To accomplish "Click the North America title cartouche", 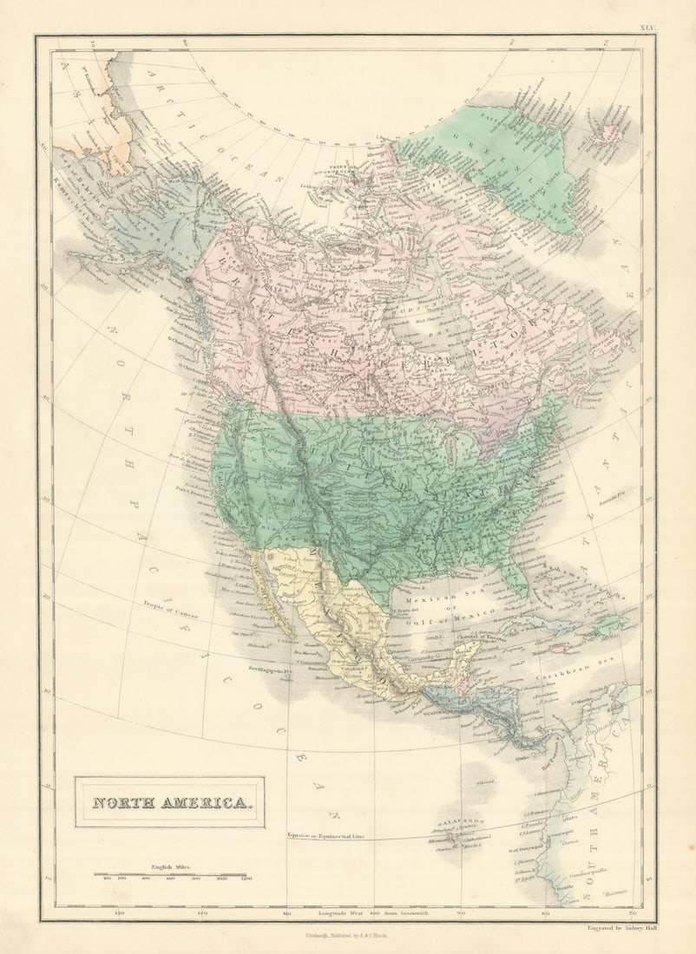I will [169, 802].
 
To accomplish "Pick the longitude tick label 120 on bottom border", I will [202, 913].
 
